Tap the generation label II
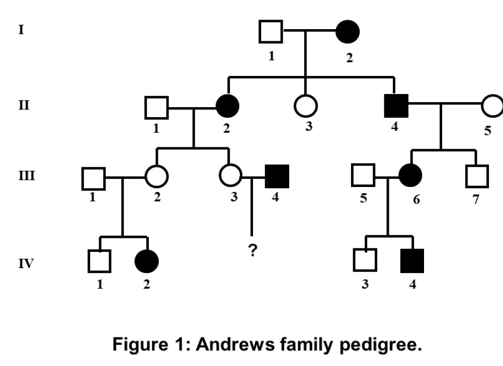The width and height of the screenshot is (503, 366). [x=24, y=106]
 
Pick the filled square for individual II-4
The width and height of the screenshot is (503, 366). [x=396, y=105]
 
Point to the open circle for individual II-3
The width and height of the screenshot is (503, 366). [x=306, y=105]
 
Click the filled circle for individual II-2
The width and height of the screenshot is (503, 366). [x=227, y=105]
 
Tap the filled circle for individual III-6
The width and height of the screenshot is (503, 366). [x=410, y=175]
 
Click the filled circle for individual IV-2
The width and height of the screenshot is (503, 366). [x=147, y=261]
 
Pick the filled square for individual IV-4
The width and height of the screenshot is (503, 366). [x=412, y=260]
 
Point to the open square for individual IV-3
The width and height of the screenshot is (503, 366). [x=365, y=260]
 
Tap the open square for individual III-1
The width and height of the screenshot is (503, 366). [x=93, y=177]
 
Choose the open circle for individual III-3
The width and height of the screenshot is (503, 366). [x=231, y=176]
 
